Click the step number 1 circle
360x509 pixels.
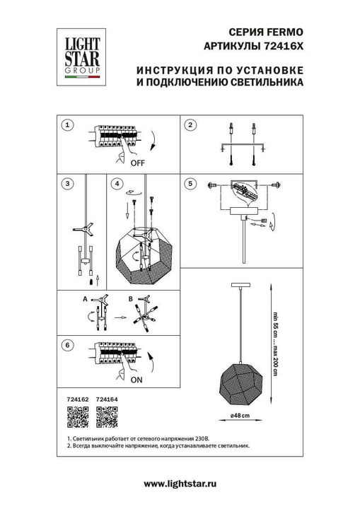[66, 125]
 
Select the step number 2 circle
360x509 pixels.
[190, 125]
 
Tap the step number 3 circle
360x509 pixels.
[66, 184]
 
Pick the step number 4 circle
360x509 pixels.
[117, 184]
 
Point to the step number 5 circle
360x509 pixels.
[190, 184]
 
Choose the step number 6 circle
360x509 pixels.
[66, 346]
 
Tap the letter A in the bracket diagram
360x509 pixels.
[83, 299]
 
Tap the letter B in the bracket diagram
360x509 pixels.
[132, 299]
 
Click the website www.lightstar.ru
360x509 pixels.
[180, 483]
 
